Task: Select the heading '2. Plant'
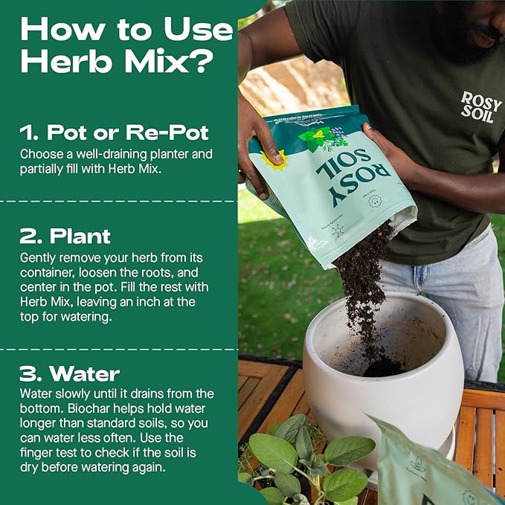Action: (x=65, y=237)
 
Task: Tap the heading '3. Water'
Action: (x=70, y=372)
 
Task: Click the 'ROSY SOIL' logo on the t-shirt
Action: (x=480, y=107)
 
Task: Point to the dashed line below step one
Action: (x=119, y=201)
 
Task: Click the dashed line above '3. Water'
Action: (x=119, y=348)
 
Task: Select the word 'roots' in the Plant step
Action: (x=159, y=270)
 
